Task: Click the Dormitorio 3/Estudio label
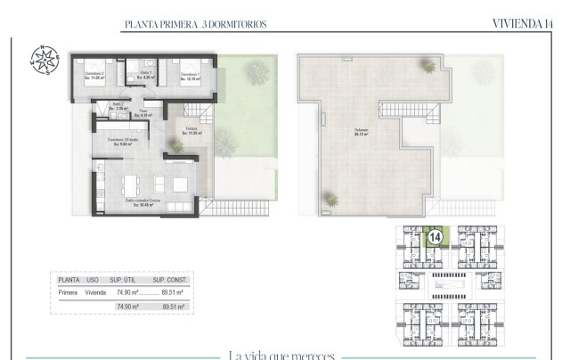[x=123, y=142]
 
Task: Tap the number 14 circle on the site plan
[x=435, y=238]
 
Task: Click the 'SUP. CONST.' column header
[x=167, y=279]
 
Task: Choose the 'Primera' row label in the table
[x=68, y=291]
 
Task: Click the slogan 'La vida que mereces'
[x=281, y=355]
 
